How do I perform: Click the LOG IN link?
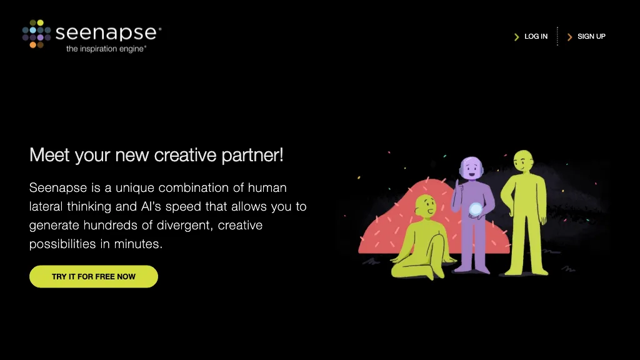(536, 36)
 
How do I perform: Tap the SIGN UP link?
(591, 36)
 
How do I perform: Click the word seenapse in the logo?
(107, 32)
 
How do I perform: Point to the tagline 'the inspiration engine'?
(106, 49)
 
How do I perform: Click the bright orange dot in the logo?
(32, 45)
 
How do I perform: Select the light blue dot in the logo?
(32, 30)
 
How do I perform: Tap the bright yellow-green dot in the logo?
(40, 22)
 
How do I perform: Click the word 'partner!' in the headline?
(252, 154)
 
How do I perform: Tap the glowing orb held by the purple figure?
(476, 209)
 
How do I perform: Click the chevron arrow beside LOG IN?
(516, 37)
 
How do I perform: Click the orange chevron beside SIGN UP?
(569, 37)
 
